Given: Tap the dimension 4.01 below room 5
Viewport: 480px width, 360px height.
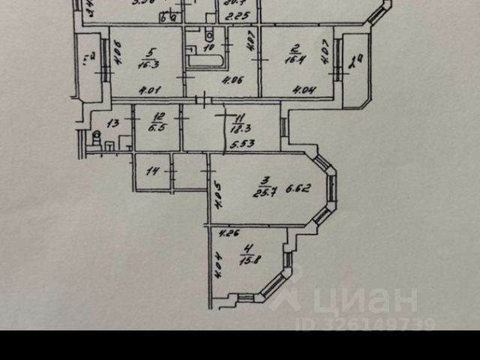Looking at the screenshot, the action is [148, 91].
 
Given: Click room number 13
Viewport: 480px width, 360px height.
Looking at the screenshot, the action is [112, 122].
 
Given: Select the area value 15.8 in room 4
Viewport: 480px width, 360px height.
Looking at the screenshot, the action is [248, 262].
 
